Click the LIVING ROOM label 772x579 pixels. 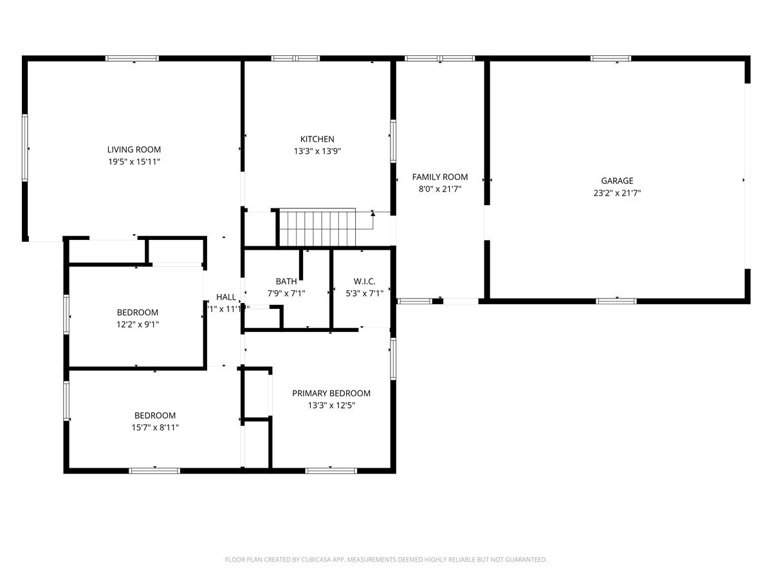(x=134, y=150)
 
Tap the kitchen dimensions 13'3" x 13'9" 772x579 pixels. (x=317, y=151)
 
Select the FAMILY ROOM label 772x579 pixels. (x=440, y=177)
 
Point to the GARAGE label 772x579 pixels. (x=617, y=181)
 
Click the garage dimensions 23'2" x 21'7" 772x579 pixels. (x=617, y=193)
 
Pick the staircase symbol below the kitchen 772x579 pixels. (x=317, y=227)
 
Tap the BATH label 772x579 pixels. (x=286, y=281)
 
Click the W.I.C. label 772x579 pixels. (x=364, y=281)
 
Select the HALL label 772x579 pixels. (x=226, y=297)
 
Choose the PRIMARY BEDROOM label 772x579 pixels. (x=331, y=393)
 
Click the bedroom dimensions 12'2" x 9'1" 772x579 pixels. (x=137, y=325)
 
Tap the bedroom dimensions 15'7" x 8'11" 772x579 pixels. (x=154, y=427)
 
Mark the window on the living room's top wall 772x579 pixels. (x=132, y=59)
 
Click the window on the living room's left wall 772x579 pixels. (x=25, y=147)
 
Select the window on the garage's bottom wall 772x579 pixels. (x=616, y=300)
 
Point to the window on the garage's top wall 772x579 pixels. (x=611, y=59)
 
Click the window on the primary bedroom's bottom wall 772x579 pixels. (x=331, y=471)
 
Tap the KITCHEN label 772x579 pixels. (x=317, y=139)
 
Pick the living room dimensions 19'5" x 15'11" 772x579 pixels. (x=134, y=162)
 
